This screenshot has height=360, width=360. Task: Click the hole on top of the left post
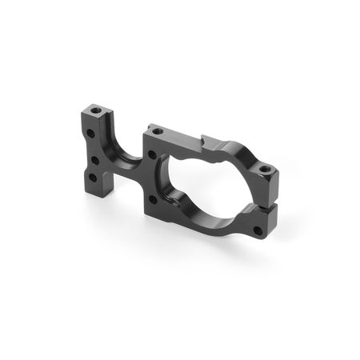coord(97,108)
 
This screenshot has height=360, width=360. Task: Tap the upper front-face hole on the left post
coord(90,133)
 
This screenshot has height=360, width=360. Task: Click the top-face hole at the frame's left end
coord(158,130)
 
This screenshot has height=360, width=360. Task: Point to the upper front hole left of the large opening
coord(152,154)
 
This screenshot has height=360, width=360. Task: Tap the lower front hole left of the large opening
coord(153,199)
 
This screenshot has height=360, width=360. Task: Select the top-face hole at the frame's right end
coord(264,170)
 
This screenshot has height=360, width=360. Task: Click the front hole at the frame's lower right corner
coord(258,232)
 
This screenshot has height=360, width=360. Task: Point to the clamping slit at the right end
coord(267,205)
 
